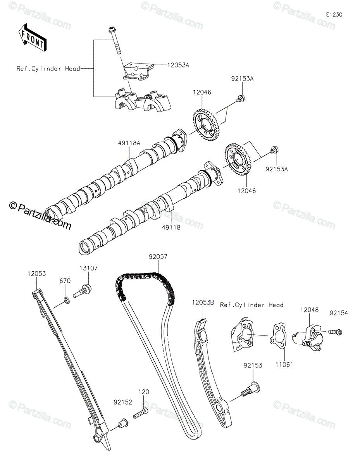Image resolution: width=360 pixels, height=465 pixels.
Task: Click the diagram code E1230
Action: coord(334,14)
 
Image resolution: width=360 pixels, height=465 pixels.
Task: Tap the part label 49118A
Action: coord(129,143)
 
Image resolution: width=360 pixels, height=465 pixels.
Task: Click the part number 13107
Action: coord(89,268)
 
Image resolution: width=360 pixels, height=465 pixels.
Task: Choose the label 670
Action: coord(65,281)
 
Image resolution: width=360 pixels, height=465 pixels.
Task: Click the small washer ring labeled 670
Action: coord(66,299)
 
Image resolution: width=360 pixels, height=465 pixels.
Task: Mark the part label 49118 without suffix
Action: coord(171,228)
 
